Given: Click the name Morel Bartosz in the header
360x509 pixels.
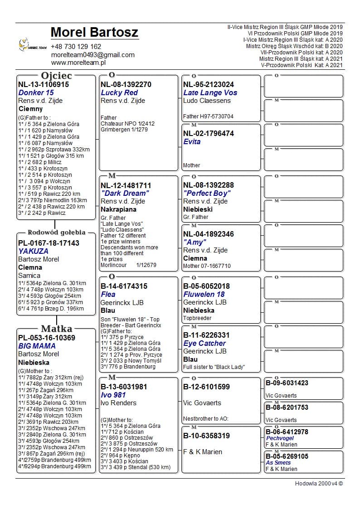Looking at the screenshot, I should coord(94,33).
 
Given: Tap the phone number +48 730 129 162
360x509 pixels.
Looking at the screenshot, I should coord(76,47).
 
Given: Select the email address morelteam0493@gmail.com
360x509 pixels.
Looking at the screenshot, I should coord(92,55).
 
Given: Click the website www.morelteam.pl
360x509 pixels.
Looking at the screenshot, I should coord(78,63).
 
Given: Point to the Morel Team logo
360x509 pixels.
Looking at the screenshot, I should coord(32,45).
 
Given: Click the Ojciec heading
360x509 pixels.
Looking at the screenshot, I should coord(56,76).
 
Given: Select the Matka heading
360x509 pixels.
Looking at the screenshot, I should coord(56,329).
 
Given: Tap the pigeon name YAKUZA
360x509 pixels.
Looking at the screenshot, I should coord(33,251).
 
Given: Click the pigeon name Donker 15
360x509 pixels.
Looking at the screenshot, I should coord(36,92).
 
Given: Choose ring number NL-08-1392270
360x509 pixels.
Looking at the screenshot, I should coord(126,85).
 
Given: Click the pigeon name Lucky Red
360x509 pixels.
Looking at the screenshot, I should coord(119,93).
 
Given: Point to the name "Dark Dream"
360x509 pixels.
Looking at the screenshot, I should coord(125,194).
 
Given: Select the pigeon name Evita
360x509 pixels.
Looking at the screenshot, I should coord(192,142).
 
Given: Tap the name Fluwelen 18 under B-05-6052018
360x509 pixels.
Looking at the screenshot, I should coord(204,295).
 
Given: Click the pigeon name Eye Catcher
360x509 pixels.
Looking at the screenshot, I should coord(204,344).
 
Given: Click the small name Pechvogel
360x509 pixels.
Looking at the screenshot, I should coord(280,438).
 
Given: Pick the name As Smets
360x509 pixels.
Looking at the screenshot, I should coord(278,463).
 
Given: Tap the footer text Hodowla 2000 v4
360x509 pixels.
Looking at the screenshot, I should coord(319,483).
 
